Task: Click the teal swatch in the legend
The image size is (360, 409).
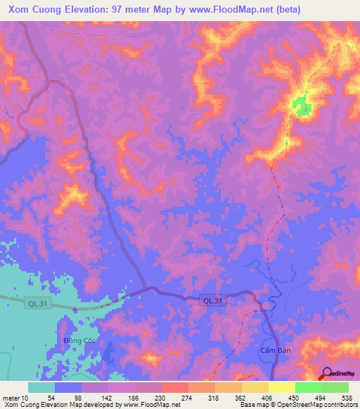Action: [x=41, y=387]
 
